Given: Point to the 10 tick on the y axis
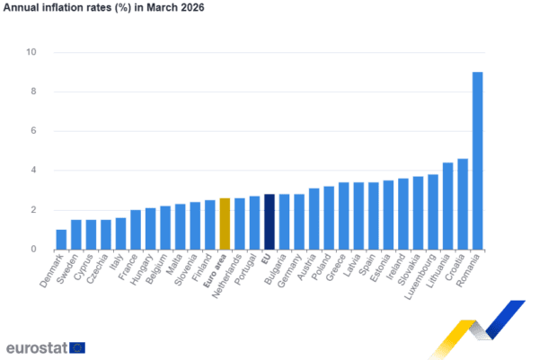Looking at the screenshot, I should [x=32, y=52].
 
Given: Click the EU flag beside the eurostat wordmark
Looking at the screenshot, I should [x=77, y=347].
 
